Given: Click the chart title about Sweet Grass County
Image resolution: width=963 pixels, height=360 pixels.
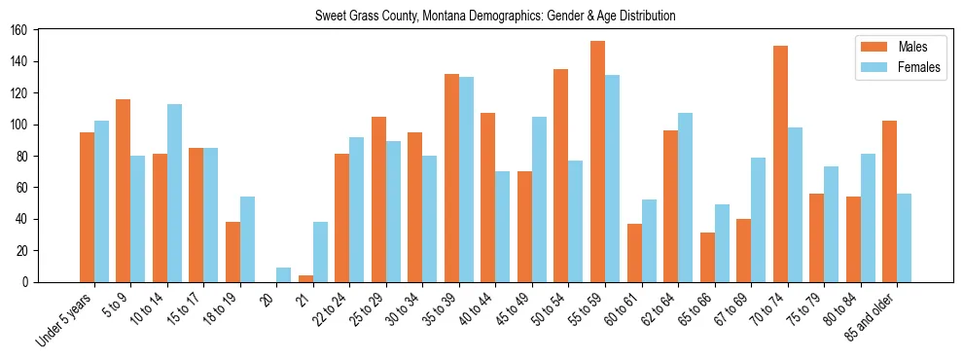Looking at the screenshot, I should (x=495, y=16).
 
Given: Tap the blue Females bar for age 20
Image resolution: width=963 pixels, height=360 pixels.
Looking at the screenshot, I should (x=283, y=274).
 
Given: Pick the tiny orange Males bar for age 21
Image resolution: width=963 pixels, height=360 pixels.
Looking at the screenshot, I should (x=305, y=278).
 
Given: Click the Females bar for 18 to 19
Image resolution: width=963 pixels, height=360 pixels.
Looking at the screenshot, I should (x=247, y=239).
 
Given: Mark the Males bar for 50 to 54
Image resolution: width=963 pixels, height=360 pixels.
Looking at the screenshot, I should (x=561, y=175).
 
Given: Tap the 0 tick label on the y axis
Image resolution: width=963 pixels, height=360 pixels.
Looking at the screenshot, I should (x=31, y=282).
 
